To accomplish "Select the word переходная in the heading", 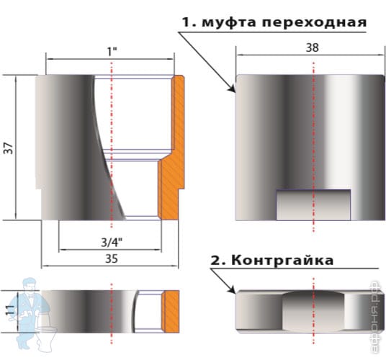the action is point(315,22).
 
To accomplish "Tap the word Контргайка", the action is point(282,260).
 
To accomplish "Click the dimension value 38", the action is point(312,48).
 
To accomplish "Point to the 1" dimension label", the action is point(112,51).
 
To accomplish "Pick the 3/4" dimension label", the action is point(112,243).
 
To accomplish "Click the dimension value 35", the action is point(112,259).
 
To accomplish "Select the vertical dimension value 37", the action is point(8,148).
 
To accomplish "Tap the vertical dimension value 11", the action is point(9,310).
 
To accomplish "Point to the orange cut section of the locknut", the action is point(171,312).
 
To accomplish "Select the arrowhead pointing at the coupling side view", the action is point(232,89).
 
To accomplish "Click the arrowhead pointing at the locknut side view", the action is point(232,289).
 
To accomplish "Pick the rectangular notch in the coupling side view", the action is point(313,204).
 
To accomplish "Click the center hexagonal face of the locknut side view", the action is point(313,311).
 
